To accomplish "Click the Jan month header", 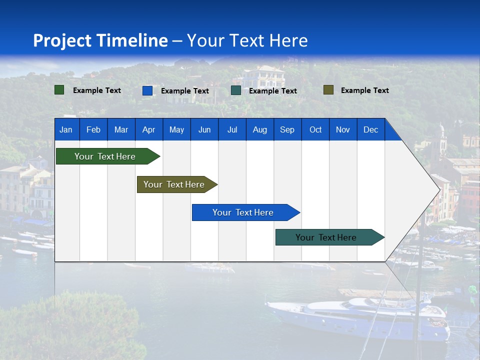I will click(x=66, y=129).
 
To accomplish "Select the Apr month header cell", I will click(x=149, y=129).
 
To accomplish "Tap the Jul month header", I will click(x=232, y=129).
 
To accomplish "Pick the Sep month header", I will click(x=287, y=129).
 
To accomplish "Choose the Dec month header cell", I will click(x=370, y=129).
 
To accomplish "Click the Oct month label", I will click(x=315, y=129).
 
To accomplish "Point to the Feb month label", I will click(x=93, y=129).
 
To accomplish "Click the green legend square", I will click(x=59, y=90).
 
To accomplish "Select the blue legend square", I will click(x=147, y=90).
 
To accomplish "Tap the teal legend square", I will click(x=236, y=90).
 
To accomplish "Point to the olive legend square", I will click(x=328, y=90).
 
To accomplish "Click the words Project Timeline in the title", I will click(x=100, y=40).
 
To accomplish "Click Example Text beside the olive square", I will click(x=364, y=90).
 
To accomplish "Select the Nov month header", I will click(x=343, y=129).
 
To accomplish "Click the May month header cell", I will click(x=176, y=129).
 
